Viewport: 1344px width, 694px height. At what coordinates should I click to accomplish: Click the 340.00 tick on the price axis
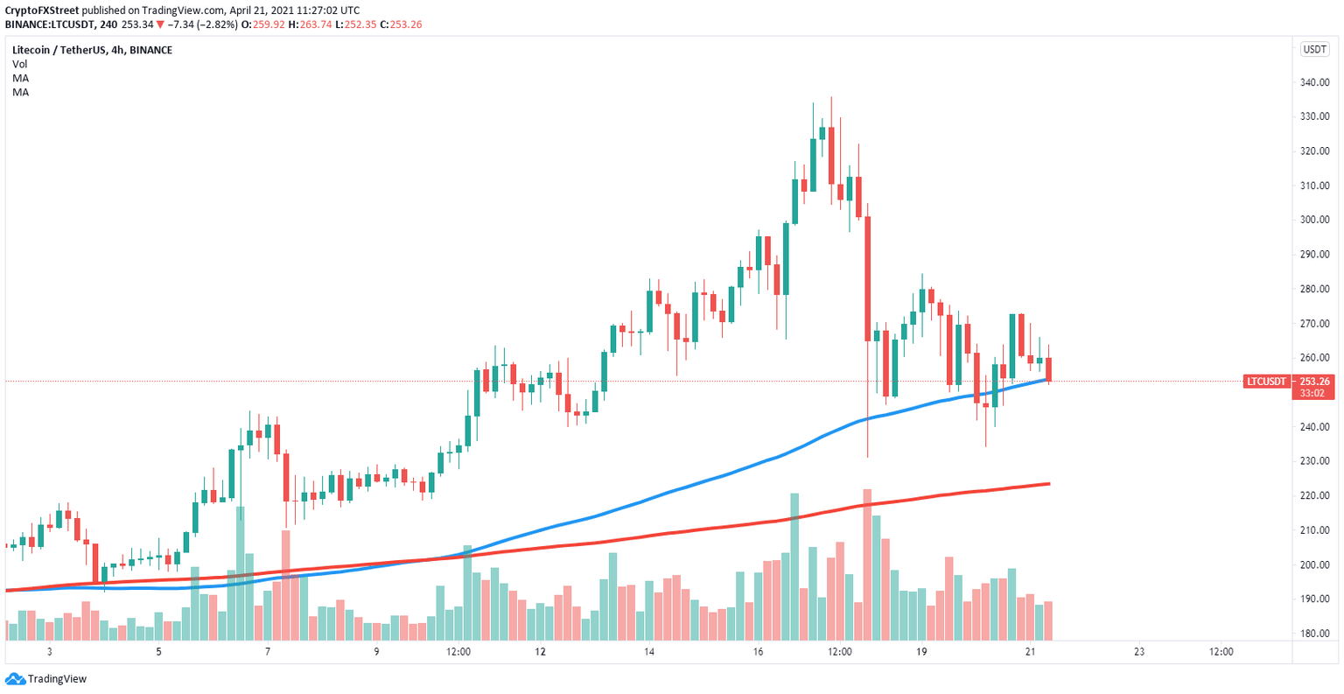[1315, 83]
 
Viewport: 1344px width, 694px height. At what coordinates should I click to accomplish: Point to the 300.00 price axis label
[1315, 221]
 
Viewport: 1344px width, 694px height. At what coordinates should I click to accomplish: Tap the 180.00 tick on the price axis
[1315, 634]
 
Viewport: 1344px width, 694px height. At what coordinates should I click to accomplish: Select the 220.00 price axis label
[1315, 496]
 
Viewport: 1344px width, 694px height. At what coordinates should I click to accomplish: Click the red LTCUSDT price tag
[1266, 382]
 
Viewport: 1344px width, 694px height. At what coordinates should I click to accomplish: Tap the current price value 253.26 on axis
[1314, 381]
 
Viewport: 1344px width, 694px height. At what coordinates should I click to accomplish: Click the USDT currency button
[1314, 50]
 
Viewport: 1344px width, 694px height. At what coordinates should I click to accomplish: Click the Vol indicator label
[19, 64]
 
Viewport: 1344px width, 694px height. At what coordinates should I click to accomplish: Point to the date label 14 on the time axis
[648, 652]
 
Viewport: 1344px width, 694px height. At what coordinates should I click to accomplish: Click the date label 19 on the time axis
[921, 652]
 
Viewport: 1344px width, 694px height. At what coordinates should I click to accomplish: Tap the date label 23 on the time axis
[1138, 652]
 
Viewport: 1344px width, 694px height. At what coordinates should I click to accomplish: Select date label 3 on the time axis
[50, 652]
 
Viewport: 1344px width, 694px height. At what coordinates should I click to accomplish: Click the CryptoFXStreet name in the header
[42, 11]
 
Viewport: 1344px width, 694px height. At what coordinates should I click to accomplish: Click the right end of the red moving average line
[1048, 484]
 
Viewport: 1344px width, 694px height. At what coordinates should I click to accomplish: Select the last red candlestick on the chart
[1048, 368]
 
